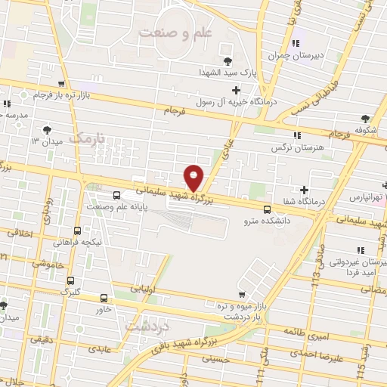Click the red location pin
pyautogui.click(x=194, y=178)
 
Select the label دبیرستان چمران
pyautogui.click(x=299, y=56)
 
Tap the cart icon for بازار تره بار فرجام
pyautogui.click(x=60, y=85)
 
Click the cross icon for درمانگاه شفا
pyautogui.click(x=304, y=190)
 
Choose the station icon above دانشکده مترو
pyautogui.click(x=266, y=209)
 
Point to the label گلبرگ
pyautogui.click(x=69, y=291)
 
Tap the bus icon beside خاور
pyautogui.click(x=104, y=298)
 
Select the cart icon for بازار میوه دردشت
pyautogui.click(x=241, y=294)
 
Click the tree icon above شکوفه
pyautogui.click(x=366, y=117)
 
